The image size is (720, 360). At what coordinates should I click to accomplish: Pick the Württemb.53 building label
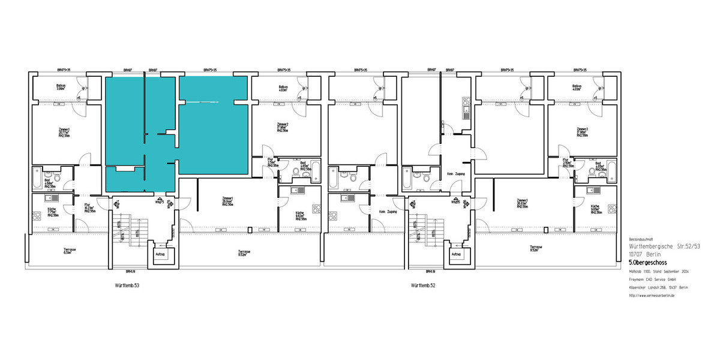click(127, 286)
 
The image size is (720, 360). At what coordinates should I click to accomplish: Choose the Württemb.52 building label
click(424, 286)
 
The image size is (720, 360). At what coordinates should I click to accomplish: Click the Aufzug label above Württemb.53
click(160, 254)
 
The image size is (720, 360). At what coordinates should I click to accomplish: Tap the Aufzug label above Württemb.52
click(456, 254)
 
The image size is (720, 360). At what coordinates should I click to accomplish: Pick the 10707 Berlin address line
click(643, 254)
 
